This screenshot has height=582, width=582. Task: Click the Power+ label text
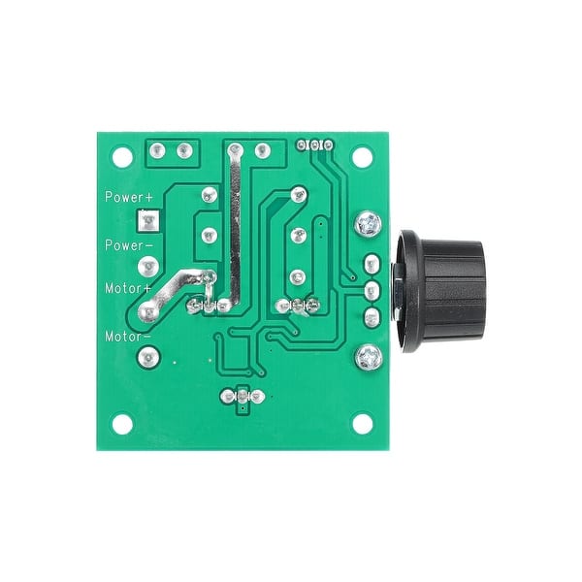point(130,196)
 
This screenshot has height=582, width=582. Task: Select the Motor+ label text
point(128,288)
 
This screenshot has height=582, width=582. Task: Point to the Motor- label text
point(128,336)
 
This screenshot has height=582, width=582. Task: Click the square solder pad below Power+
point(147,222)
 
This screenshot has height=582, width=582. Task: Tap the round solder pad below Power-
point(147,266)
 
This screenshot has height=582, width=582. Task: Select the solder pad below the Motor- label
point(147,357)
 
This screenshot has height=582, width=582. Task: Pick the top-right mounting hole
point(362,155)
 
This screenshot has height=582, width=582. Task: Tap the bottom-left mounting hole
point(122,424)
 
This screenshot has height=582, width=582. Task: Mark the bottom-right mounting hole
point(362,424)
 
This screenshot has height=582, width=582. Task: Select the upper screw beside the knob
point(369,225)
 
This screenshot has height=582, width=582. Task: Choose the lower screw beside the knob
point(369,356)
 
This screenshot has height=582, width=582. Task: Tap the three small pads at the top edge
point(315,145)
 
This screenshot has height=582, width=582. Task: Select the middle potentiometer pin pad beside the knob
point(370,290)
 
